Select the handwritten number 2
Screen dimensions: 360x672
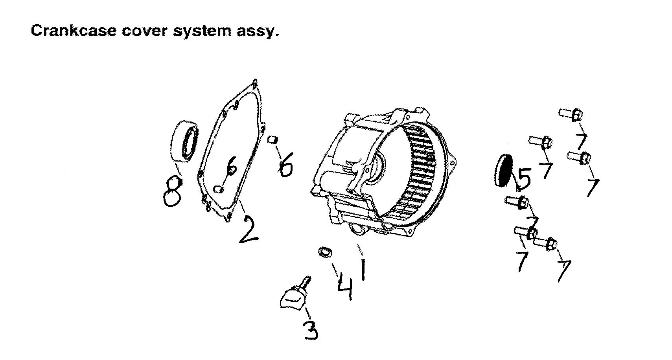[x=247, y=228]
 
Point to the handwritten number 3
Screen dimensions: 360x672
[x=310, y=330]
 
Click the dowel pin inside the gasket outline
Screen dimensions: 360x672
[x=219, y=189]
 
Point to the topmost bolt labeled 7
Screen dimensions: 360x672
[x=571, y=114]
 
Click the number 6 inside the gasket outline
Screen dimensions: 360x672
[x=231, y=168]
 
